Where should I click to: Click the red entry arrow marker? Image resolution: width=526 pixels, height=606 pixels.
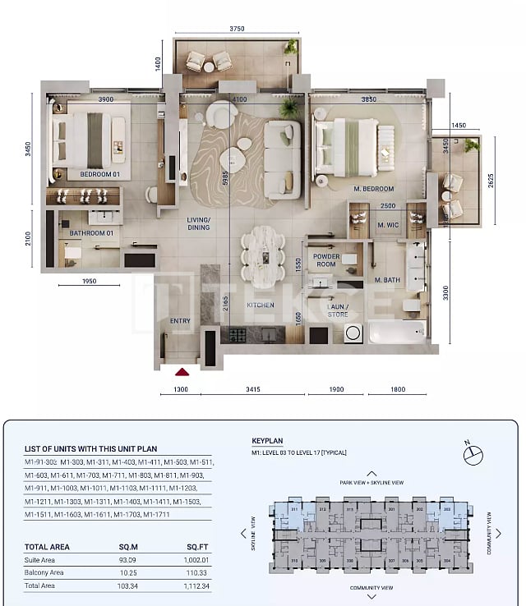pos(182,372)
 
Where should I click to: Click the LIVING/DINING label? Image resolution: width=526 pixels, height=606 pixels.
pos(198,223)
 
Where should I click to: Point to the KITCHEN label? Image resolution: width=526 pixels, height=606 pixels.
pos(261,305)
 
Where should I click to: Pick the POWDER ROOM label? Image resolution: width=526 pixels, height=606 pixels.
pos(325,260)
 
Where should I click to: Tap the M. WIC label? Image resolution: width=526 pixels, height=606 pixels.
pos(388,225)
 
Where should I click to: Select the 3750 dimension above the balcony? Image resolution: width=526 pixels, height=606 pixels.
pos(238,29)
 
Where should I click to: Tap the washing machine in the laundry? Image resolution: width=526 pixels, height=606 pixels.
pos(353,333)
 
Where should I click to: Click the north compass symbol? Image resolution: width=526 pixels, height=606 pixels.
pos(474,452)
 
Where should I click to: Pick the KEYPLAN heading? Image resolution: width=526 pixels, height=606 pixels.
pos(268,441)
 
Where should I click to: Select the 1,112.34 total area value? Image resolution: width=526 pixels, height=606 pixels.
pos(194,585)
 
